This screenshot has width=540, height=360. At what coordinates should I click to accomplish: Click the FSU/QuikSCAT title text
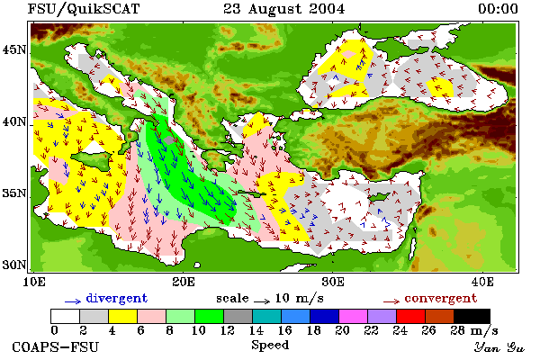[84, 9]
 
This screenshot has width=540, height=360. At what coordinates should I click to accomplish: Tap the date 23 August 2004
[284, 9]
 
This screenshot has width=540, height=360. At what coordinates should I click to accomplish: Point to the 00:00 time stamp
[498, 9]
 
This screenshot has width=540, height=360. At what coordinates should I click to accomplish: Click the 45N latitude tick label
[14, 50]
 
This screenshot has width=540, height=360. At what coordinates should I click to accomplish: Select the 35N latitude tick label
[14, 193]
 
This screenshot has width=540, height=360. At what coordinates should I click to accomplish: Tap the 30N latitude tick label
[14, 265]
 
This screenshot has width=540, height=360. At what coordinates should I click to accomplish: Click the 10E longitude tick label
[33, 282]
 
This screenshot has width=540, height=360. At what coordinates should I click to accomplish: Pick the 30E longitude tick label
[333, 282]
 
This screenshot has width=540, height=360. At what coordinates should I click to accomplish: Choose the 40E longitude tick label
[482, 282]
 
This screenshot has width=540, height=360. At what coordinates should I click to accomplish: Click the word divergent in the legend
[117, 298]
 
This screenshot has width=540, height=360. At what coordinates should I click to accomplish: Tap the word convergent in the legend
[441, 298]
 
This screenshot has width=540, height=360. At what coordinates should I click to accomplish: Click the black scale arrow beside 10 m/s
[262, 301]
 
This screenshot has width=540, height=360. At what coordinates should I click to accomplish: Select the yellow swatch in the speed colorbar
[122, 316]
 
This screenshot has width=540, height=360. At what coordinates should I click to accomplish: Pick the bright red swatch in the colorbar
[410, 316]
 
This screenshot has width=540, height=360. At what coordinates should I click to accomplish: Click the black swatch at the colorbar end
[472, 316]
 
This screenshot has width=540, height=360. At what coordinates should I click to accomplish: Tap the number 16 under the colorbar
[285, 330]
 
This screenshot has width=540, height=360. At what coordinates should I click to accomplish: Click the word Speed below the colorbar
[270, 345]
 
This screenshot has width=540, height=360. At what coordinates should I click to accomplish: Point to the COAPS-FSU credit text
[55, 346]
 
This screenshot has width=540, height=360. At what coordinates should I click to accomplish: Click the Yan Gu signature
[499, 347]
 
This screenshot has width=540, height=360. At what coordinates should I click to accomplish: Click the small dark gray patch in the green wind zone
[169, 140]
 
